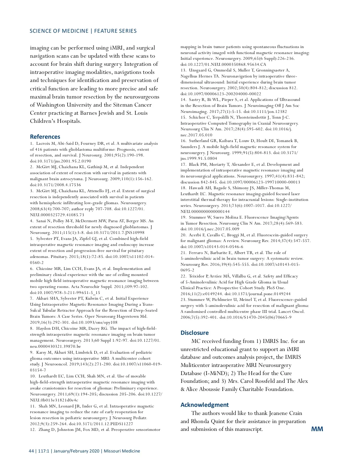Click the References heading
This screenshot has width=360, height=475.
tap(45, 137)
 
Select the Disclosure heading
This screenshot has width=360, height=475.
tap(194, 333)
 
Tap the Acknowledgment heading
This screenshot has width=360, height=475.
tap(204, 405)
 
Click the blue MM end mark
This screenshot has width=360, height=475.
tap(317, 429)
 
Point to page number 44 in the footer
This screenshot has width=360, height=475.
tap(31, 451)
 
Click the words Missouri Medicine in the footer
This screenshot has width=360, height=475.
tap(122, 451)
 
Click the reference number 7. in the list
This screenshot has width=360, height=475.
tap(31, 298)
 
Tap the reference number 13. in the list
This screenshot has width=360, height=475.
tap(183, 70)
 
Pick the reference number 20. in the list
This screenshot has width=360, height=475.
tap(183, 235)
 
